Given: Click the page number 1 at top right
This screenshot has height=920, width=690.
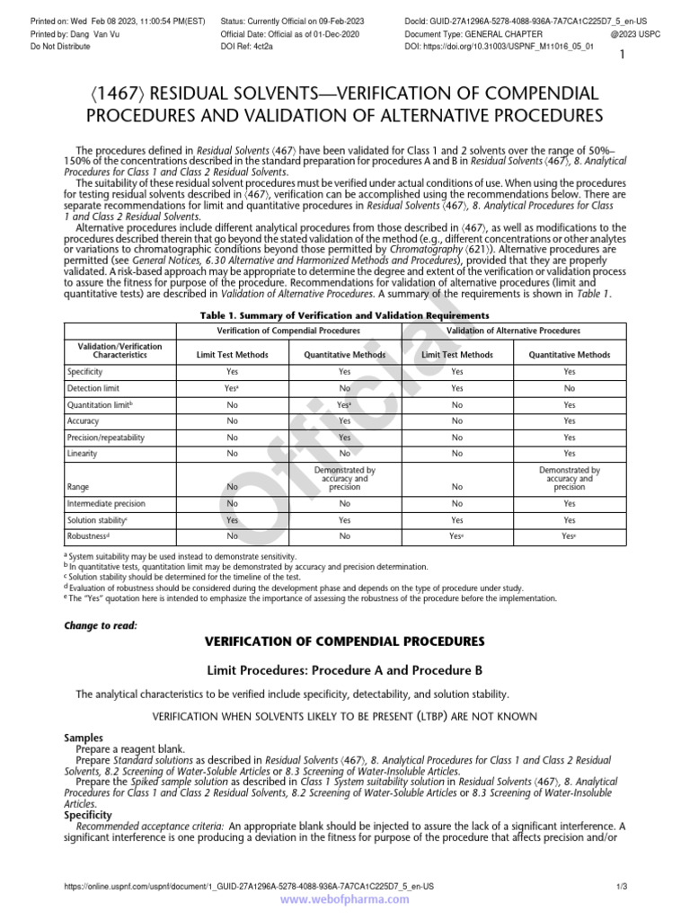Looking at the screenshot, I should [x=622, y=56].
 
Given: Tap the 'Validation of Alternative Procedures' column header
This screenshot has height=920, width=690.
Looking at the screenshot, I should [x=513, y=331].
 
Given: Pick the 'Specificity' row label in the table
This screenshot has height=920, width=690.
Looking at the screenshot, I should [x=85, y=371].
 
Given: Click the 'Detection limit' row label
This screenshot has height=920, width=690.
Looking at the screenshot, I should [x=94, y=388].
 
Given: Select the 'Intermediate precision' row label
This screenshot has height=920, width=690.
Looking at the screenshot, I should [x=106, y=503].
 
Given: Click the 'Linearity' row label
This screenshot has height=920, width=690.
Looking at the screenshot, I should [x=82, y=454].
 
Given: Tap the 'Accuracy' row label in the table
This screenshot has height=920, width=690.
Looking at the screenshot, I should [x=83, y=420].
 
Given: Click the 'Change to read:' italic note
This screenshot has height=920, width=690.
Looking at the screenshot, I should [x=101, y=625].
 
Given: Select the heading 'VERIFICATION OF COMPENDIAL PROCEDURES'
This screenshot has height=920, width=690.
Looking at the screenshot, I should [x=345, y=641].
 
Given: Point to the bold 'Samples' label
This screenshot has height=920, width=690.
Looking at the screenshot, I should [x=84, y=738].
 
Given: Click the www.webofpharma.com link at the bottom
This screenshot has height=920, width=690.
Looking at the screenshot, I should [x=344, y=898].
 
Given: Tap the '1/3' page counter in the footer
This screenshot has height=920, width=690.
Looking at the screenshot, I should [x=620, y=887].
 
